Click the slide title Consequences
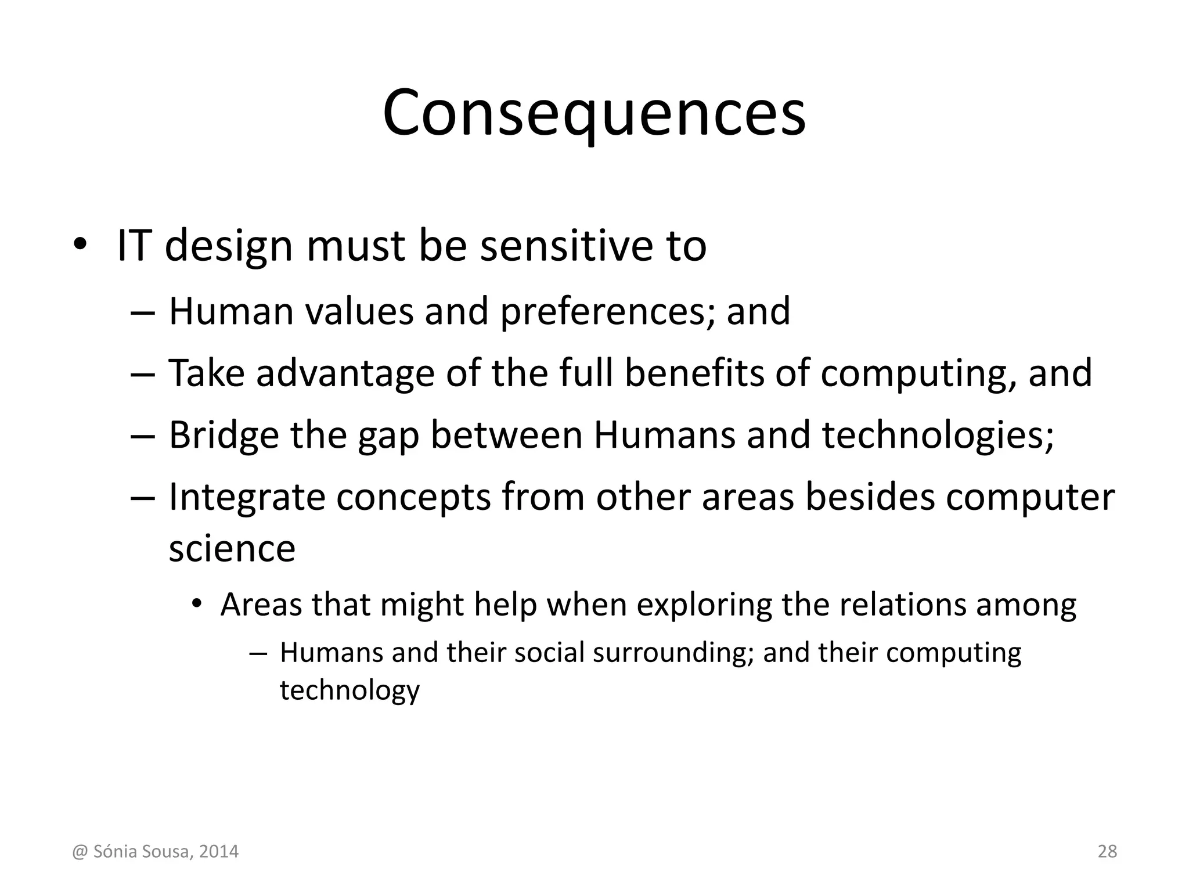tap(594, 113)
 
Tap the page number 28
tap(1107, 851)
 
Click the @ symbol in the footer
tap(80, 852)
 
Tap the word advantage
tap(345, 373)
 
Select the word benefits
tap(694, 373)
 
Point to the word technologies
tap(937, 435)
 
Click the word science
tap(232, 548)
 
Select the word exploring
tap(704, 605)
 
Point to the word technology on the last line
tap(350, 690)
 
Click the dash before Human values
tap(143, 311)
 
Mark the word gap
tap(388, 436)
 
